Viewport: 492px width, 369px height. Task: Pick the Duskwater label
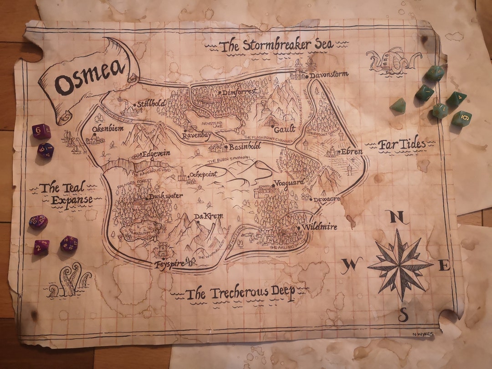tap(166, 196)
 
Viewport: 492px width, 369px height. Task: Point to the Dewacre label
tap(327, 199)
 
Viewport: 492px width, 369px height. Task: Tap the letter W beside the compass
tap(351, 264)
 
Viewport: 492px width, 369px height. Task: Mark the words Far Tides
tap(402, 145)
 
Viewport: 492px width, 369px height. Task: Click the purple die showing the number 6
tap(41, 132)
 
